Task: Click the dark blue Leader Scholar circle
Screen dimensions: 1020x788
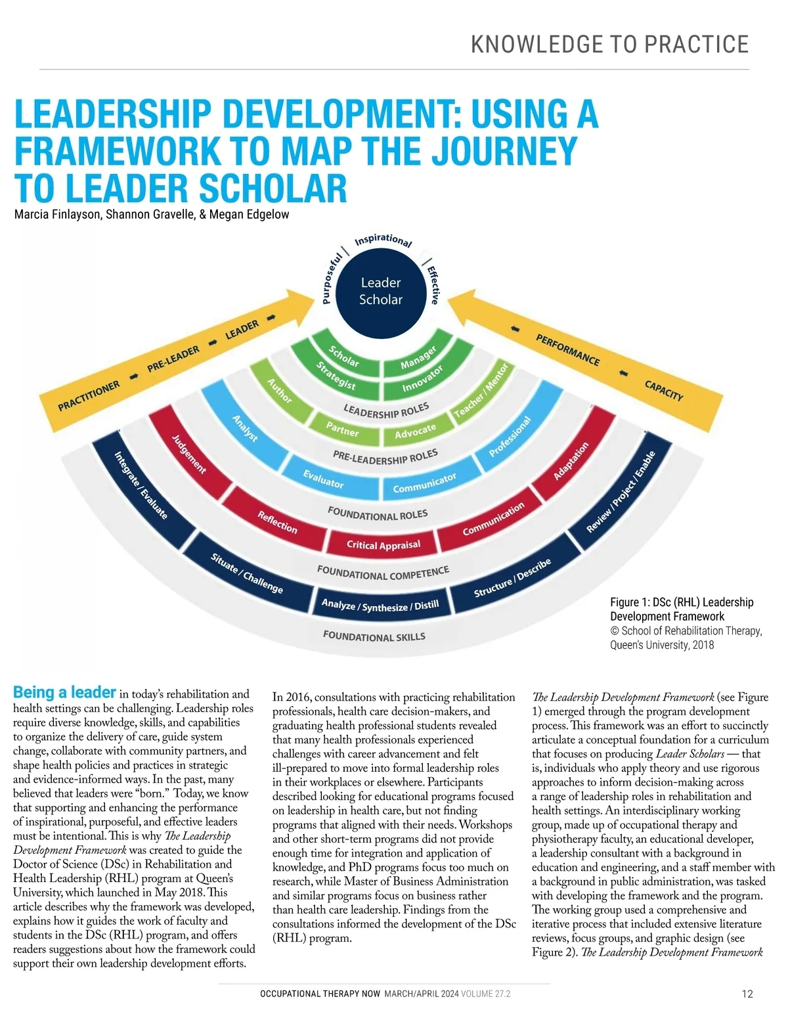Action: [381, 291]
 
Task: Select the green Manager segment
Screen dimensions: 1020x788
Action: [418, 357]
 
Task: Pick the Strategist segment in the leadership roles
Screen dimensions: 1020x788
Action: [336, 376]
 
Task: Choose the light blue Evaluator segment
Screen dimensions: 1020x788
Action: [323, 479]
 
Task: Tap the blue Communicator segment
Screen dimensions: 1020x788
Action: [424, 483]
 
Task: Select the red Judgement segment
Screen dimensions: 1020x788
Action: [188, 453]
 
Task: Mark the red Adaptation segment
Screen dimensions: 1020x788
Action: [571, 460]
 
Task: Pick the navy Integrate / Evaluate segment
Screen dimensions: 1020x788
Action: [141, 485]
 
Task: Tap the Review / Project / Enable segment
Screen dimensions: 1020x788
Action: [621, 492]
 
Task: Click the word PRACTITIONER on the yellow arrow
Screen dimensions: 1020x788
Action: [89, 395]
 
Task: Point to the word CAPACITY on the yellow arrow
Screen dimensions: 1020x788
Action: [664, 390]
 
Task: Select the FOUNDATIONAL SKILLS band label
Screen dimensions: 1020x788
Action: [374, 636]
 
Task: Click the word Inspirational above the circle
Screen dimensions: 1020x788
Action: [383, 240]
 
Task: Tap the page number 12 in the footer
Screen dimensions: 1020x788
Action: [747, 994]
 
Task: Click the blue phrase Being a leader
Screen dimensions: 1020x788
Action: [64, 692]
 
